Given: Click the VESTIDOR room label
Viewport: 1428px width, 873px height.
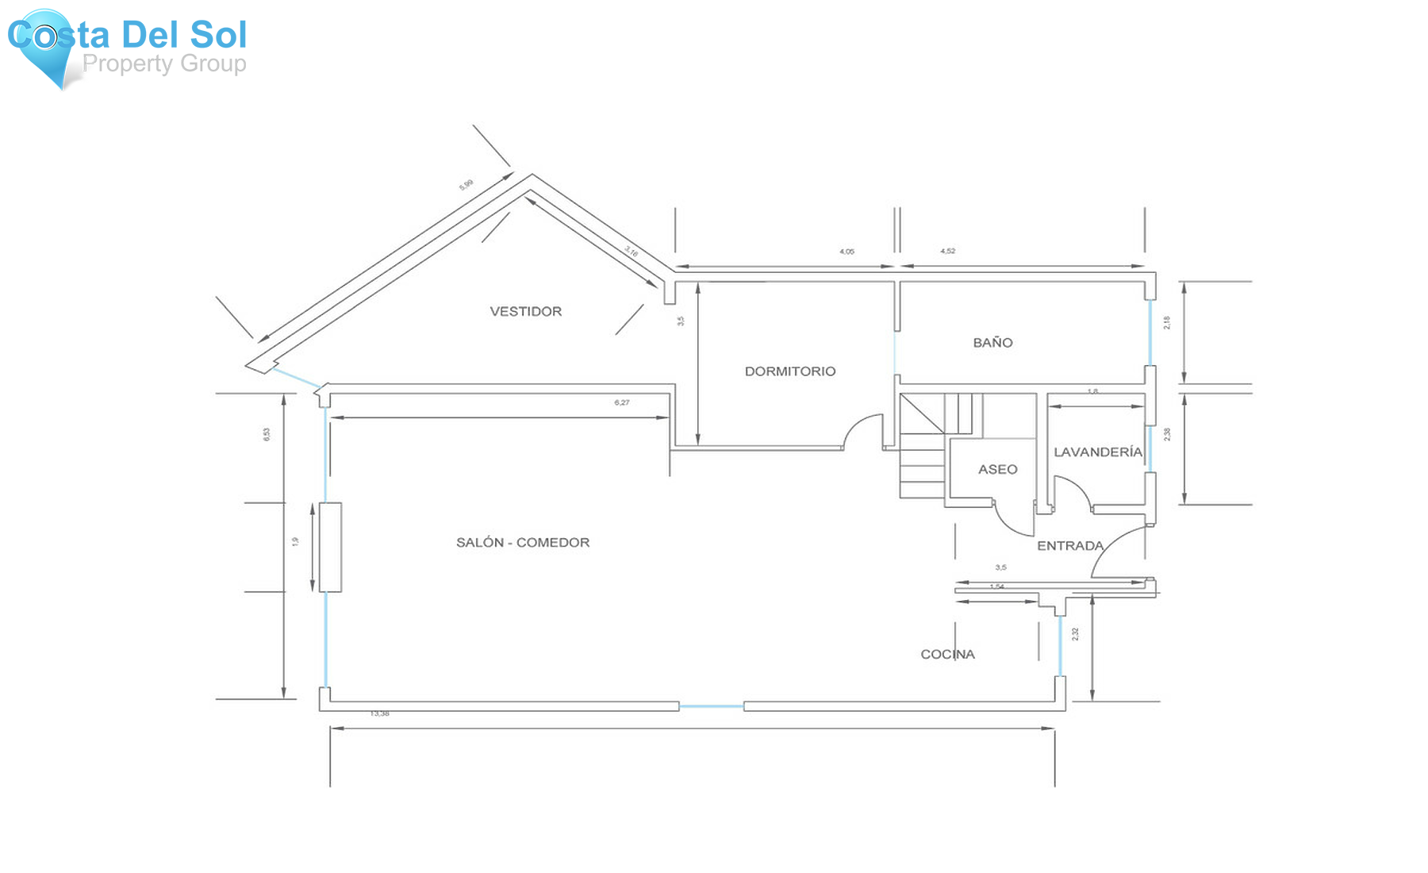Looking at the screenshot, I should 525,311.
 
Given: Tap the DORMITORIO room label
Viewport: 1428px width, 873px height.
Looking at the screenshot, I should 789,371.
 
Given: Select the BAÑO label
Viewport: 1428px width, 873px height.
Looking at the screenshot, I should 992,342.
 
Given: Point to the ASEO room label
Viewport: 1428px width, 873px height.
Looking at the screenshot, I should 997,469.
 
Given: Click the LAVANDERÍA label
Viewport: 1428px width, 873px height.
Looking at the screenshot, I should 1097,452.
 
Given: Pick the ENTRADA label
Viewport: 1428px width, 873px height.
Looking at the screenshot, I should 1070,545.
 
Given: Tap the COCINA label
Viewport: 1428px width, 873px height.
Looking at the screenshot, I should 947,654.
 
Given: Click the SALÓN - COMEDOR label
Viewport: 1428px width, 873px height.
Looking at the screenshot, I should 522,542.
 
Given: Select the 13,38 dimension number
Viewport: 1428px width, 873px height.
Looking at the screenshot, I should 379,713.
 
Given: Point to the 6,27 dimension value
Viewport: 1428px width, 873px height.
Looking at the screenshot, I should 622,402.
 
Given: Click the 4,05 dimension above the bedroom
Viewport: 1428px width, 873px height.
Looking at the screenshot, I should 846,252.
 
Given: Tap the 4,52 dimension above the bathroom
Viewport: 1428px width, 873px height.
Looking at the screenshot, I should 947,251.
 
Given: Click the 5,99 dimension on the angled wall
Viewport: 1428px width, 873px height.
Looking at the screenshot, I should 466,185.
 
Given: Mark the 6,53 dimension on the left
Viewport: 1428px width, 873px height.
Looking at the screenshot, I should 267,434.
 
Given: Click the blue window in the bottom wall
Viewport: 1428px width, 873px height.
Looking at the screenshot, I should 711,706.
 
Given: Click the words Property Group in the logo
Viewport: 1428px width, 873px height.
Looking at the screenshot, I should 164,63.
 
